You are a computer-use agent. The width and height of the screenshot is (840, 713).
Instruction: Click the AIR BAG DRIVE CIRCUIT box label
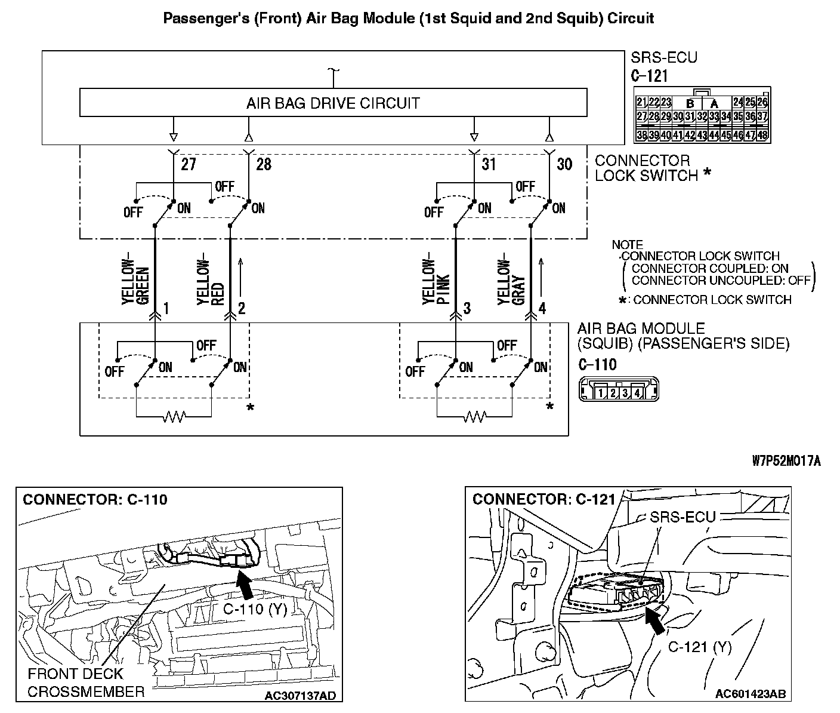[x=333, y=103]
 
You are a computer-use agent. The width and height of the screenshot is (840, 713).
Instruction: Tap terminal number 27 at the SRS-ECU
[x=188, y=164]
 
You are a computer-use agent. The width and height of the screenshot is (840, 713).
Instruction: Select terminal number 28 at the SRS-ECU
[x=263, y=164]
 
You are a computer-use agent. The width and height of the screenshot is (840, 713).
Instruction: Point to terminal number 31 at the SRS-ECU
[x=489, y=164]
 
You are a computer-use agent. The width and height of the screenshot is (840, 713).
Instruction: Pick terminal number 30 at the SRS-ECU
[x=564, y=164]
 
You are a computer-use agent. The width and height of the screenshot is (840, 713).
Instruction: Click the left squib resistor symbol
[x=174, y=416]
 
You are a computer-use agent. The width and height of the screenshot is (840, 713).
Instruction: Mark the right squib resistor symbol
[x=475, y=416]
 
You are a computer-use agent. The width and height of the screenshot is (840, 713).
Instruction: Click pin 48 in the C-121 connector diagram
[x=762, y=135]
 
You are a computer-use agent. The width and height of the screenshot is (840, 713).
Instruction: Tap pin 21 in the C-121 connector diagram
[x=642, y=102]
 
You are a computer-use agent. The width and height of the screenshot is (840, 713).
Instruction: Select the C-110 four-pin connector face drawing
[x=618, y=392]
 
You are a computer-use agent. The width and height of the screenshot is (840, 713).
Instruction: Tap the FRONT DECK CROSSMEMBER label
[x=86, y=683]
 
